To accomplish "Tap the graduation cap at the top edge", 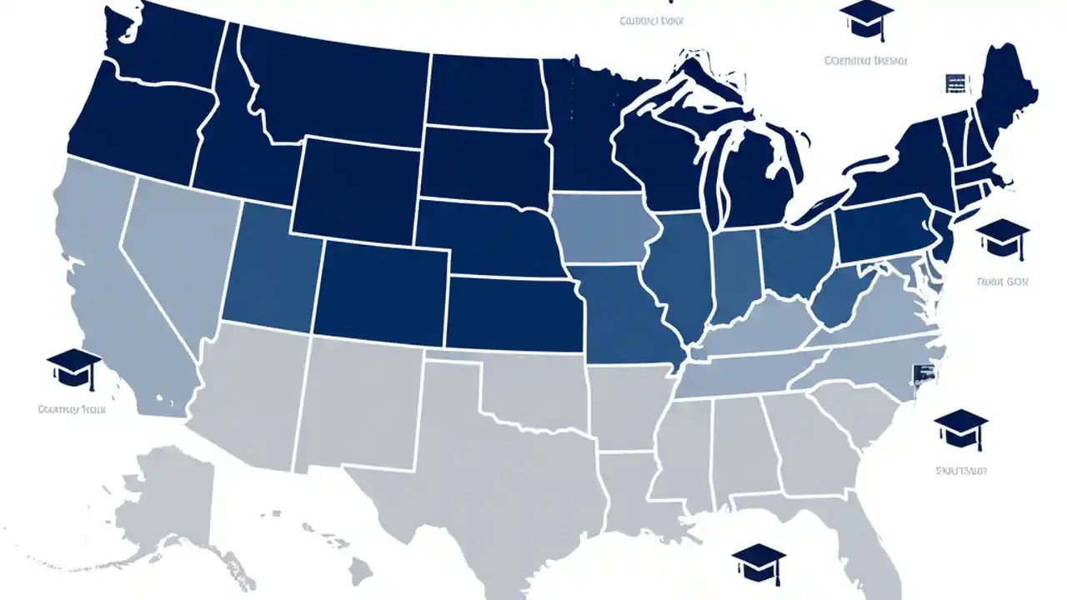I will pyautogui.click(x=865, y=16).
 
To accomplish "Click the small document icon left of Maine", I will pyautogui.click(x=955, y=83).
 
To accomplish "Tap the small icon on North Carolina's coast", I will pyautogui.click(x=924, y=375).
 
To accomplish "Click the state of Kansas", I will pyautogui.click(x=513, y=312).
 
